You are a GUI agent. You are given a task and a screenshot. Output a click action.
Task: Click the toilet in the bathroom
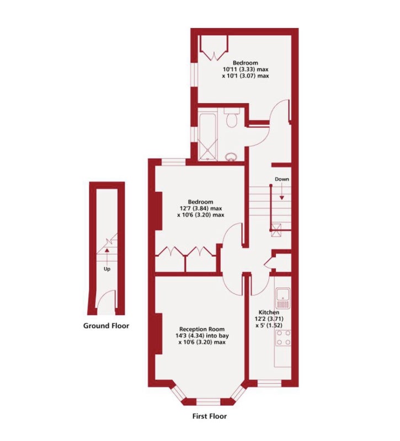pyautogui.click(x=232, y=119)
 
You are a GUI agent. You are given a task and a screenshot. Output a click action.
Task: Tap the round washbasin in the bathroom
pyautogui.click(x=231, y=157)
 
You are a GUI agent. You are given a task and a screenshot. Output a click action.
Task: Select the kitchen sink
pyautogui.click(x=283, y=298)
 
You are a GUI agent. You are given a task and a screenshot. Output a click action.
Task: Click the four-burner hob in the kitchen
pyautogui.click(x=283, y=338)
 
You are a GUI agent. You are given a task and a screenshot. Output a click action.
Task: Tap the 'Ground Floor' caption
pyautogui.click(x=106, y=326)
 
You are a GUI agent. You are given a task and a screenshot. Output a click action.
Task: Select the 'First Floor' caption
pyautogui.click(x=210, y=416)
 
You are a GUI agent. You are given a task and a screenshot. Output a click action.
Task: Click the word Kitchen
pyautogui.click(x=269, y=312)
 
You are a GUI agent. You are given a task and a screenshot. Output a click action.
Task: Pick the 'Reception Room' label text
pyautogui.click(x=202, y=329)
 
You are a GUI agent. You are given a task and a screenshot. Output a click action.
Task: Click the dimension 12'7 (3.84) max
pyautogui.click(x=201, y=208)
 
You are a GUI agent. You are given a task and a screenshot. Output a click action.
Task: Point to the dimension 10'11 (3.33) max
pyautogui.click(x=246, y=69)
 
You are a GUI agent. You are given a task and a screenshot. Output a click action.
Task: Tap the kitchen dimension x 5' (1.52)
pyautogui.click(x=269, y=326)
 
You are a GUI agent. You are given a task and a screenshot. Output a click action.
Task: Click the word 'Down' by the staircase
pyautogui.click(x=282, y=179)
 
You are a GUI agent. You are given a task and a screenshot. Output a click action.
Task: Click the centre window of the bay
pyautogui.click(x=208, y=402)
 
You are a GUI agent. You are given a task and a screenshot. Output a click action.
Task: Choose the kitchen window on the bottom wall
pyautogui.click(x=269, y=383)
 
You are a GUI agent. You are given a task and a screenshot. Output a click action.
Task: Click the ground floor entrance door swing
pyautogui.click(x=106, y=299)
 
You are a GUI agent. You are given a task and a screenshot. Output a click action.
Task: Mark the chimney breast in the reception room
pyautogui.click(x=159, y=334)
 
